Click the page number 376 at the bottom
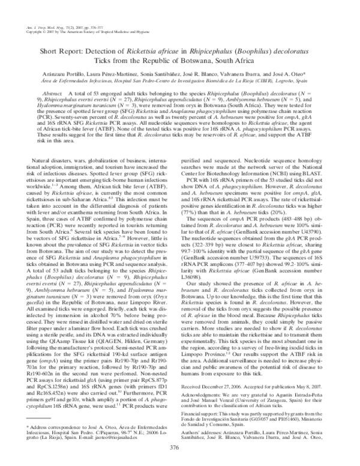[180, 449]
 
